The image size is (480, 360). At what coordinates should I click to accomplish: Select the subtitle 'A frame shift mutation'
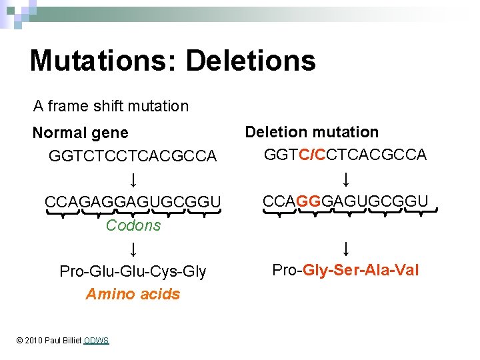pos(111,106)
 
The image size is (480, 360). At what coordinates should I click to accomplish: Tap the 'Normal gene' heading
pos(81,133)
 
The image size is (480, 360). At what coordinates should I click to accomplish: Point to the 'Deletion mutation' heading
pos(312,132)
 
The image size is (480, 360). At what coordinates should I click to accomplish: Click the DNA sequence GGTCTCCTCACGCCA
pos(133,156)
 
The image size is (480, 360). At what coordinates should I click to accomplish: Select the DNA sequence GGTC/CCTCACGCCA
pos(345,155)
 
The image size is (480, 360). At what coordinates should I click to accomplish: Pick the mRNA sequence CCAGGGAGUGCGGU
pos(345,200)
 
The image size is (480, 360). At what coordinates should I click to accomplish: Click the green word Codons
pos(133,225)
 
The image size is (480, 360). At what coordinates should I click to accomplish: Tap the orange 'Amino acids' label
pos(133,294)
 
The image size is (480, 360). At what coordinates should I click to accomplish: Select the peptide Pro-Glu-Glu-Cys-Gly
pos(133,271)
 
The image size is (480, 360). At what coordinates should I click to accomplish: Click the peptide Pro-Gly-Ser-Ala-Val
pos(345,270)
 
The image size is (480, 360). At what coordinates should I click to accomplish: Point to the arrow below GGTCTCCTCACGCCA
pos(133,180)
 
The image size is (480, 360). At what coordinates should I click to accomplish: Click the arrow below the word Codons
pos(133,249)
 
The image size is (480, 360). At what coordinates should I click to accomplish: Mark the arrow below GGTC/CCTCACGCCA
pos(346,179)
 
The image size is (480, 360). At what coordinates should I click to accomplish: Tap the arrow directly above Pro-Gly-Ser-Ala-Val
pos(346,249)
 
